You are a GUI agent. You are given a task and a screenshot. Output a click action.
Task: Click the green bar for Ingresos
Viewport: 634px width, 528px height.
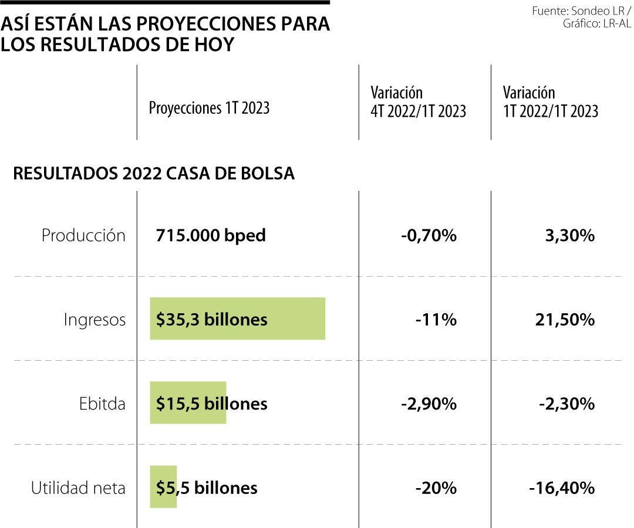[237, 319]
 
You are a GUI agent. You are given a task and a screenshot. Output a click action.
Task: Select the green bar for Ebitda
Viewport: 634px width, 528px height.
[188, 403]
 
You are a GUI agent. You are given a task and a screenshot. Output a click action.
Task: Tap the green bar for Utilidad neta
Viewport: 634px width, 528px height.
[163, 487]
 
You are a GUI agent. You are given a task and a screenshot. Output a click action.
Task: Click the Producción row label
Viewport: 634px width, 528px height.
[83, 236]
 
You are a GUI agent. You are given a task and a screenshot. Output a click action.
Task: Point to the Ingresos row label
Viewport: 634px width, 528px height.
[95, 320]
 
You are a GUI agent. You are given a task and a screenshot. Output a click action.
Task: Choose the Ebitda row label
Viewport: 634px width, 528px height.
[102, 404]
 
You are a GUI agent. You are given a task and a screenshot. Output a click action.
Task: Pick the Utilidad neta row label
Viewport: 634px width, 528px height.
[78, 488]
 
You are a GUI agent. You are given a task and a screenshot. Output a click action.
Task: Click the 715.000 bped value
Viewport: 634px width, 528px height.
[211, 236]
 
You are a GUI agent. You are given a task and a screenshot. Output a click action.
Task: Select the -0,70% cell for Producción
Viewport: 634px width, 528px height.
[429, 236]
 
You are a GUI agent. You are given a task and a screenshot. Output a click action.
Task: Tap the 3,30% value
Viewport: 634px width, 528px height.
[569, 236]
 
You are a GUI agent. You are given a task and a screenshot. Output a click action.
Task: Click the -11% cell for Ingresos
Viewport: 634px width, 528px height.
[435, 320]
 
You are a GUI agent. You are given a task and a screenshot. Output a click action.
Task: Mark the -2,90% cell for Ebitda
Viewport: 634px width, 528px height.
[429, 404]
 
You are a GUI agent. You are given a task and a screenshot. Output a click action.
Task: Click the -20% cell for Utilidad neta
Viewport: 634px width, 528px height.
[435, 488]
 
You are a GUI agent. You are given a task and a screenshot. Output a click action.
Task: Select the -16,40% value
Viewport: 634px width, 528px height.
[561, 488]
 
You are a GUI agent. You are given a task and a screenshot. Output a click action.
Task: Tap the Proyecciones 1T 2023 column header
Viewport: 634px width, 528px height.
[209, 108]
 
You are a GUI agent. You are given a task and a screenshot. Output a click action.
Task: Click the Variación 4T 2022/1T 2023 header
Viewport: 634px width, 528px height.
[418, 102]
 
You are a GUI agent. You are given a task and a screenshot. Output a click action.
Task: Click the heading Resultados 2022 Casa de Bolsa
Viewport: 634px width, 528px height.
[154, 174]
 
